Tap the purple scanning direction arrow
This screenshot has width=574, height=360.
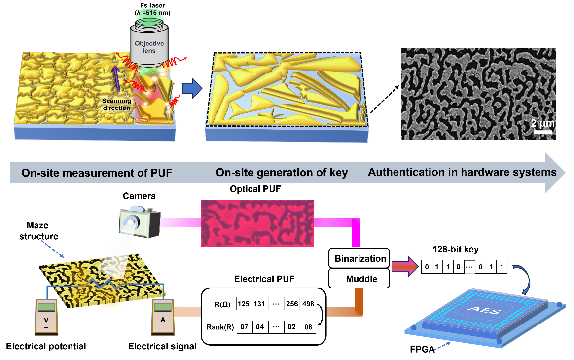116,78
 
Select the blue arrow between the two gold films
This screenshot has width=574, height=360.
192,88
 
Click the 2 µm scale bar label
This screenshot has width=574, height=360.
542,123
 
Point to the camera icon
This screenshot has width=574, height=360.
140,222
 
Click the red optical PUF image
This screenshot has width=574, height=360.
258,223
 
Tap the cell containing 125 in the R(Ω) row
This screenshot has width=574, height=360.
244,304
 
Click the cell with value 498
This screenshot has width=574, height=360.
308,304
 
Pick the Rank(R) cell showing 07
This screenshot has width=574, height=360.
244,326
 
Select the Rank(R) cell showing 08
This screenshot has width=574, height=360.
308,326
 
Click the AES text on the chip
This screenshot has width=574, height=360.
484,310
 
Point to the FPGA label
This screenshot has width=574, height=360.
422,349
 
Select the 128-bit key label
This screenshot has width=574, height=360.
455,250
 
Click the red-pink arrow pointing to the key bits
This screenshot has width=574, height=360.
405,266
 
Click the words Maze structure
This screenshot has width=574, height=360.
38,231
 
